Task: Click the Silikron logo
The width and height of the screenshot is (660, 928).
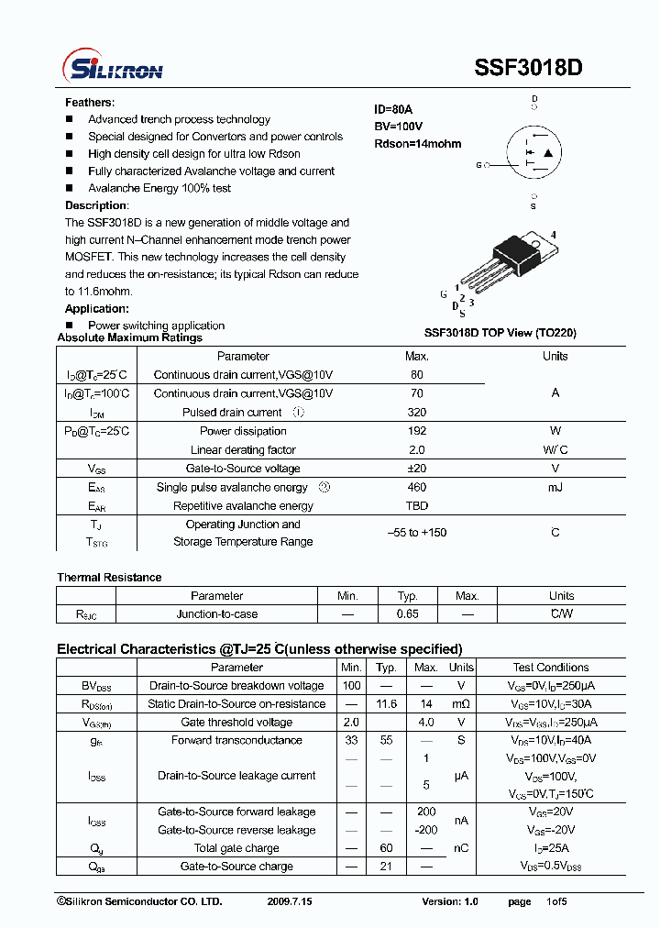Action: pyautogui.click(x=112, y=69)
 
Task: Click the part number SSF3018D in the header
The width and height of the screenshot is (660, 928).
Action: pyautogui.click(x=528, y=68)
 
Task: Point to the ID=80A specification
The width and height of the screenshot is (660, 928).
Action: pyautogui.click(x=393, y=109)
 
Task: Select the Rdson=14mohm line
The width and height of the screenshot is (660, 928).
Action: pyautogui.click(x=417, y=144)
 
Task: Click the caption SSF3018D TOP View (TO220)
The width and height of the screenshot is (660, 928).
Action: pyautogui.click(x=500, y=333)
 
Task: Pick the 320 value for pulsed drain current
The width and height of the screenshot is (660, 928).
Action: pyautogui.click(x=416, y=413)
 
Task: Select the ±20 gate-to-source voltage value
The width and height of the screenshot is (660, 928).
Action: pyautogui.click(x=416, y=469)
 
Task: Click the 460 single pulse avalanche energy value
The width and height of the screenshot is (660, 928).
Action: pyautogui.click(x=416, y=488)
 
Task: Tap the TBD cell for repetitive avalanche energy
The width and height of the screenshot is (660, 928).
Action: pyautogui.click(x=416, y=506)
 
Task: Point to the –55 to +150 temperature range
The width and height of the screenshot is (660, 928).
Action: pyautogui.click(x=416, y=533)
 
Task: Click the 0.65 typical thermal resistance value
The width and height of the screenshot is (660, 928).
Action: pyautogui.click(x=407, y=614)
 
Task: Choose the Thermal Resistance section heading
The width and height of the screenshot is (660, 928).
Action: pyautogui.click(x=109, y=578)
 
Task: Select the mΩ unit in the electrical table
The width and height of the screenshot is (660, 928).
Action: pyautogui.click(x=461, y=704)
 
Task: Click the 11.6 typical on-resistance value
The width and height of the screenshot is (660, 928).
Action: pyautogui.click(x=386, y=704)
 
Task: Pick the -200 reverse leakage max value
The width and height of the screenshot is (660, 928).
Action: pyautogui.click(x=426, y=830)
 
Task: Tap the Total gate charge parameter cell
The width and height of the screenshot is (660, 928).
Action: pyautogui.click(x=236, y=848)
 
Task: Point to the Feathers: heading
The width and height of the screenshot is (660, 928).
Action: pyautogui.click(x=90, y=103)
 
